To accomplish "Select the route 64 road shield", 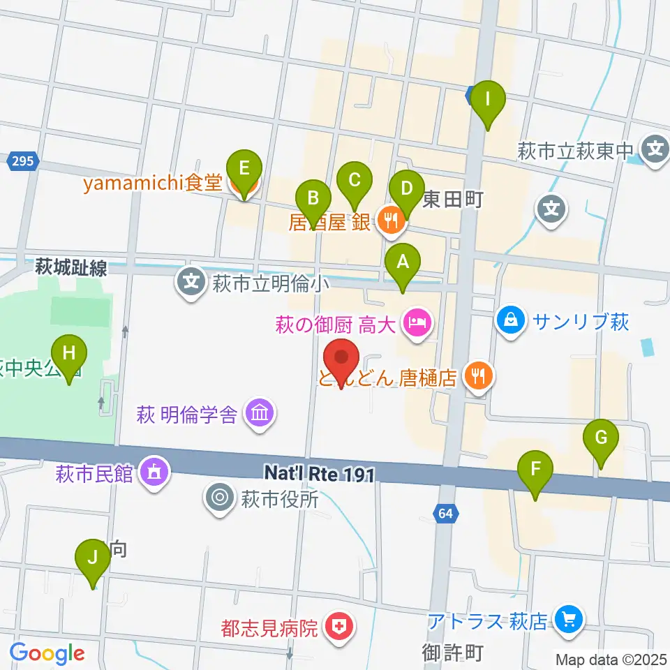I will pyautogui.click(x=446, y=514).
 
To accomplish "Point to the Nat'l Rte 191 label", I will pyautogui.click(x=320, y=475).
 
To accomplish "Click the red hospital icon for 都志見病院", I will pyautogui.click(x=338, y=627).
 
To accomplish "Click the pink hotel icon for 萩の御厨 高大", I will pyautogui.click(x=417, y=324).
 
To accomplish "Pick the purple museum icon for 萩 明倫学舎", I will pyautogui.click(x=260, y=414).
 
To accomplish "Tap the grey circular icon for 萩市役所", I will pyautogui.click(x=219, y=498).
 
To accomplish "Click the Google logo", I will pyautogui.click(x=47, y=654).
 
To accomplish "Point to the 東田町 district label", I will pyautogui.click(x=453, y=201).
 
